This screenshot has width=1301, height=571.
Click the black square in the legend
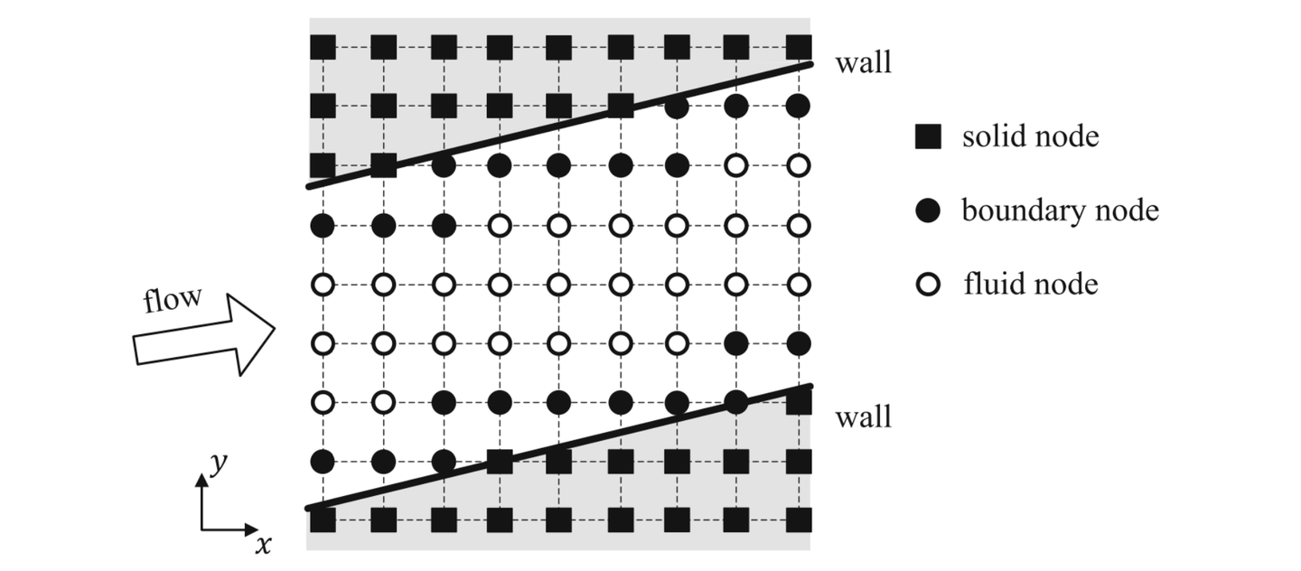tap(927, 136)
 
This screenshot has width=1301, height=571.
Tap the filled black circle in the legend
tap(927, 211)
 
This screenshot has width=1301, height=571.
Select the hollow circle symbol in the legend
tap(927, 285)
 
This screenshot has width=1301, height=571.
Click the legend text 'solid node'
tap(1030, 136)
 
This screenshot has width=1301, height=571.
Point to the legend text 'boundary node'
tap(1060, 211)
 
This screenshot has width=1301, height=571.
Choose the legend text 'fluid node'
tap(1030, 285)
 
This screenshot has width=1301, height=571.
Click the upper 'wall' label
tap(863, 63)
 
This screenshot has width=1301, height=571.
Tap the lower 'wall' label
tap(863, 417)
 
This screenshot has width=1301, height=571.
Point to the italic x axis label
tap(263, 544)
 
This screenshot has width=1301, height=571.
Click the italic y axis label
tap(217, 463)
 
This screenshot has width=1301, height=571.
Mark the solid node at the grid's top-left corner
tap(323, 46)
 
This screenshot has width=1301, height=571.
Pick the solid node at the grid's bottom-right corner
tap(797, 521)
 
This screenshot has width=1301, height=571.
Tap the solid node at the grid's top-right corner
tap(797, 46)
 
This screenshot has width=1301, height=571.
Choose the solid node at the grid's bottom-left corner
tap(323, 521)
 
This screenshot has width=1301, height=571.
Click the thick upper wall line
tap(560, 125)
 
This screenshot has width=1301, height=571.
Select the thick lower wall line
tap(560, 447)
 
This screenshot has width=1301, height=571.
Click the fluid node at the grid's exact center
tap(559, 285)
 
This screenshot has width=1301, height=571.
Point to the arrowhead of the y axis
tap(202, 480)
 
